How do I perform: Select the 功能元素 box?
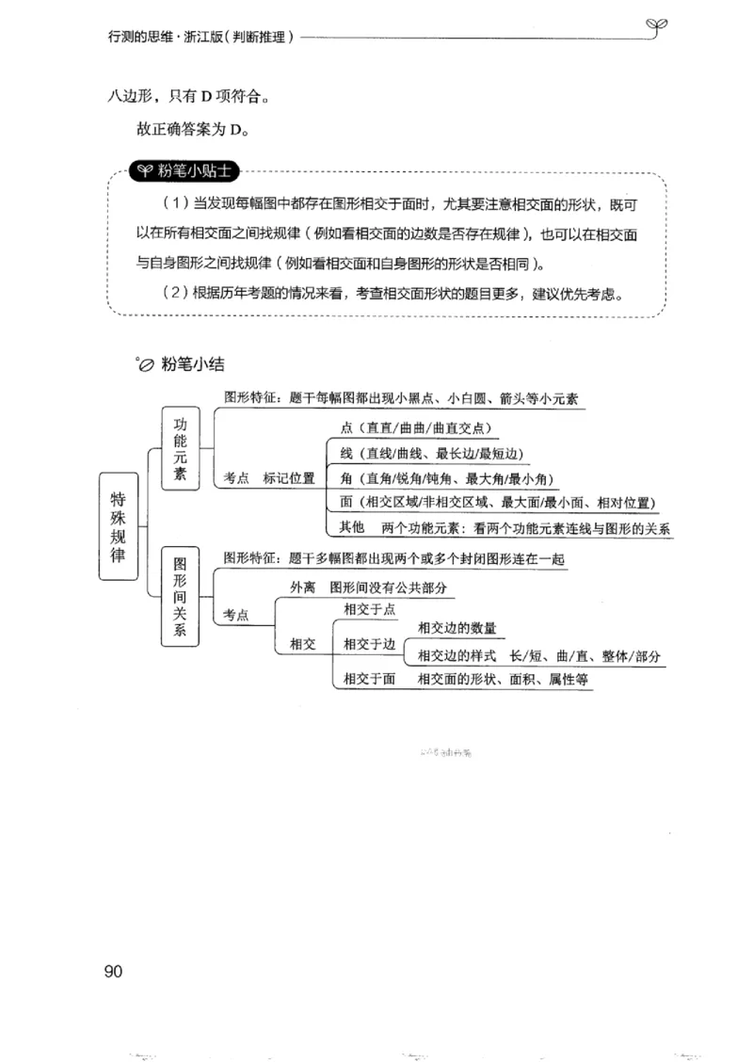[181, 448]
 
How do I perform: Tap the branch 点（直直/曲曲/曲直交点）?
[415, 426]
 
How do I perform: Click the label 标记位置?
[289, 477]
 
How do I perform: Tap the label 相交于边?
[369, 644]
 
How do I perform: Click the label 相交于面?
[369, 678]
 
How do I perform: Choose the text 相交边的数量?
[457, 628]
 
